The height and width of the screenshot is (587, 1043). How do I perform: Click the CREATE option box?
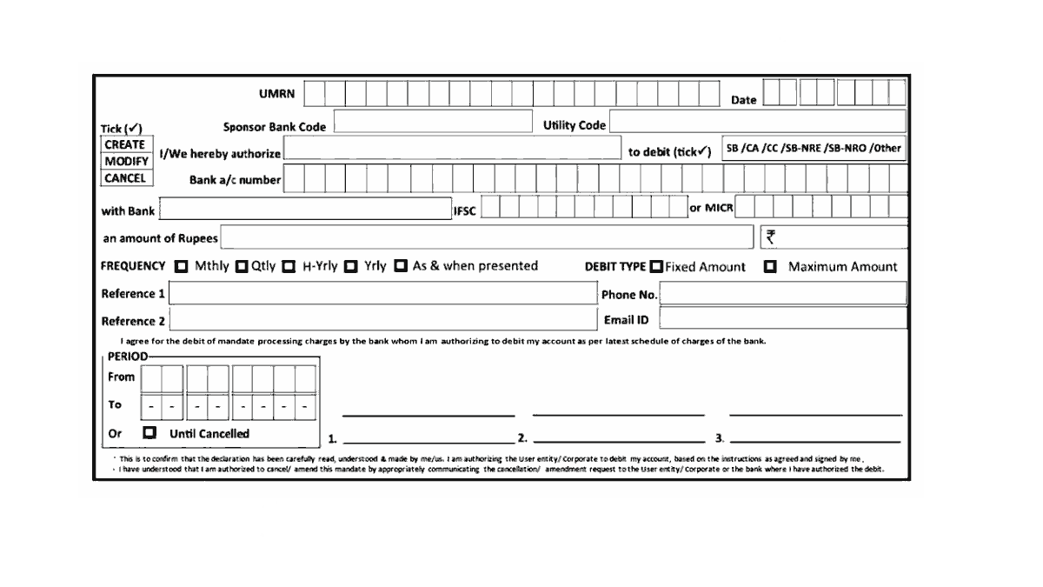point(125,145)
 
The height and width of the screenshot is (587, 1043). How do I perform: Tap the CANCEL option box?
point(125,178)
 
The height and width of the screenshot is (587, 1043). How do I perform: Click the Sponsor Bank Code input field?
point(432,122)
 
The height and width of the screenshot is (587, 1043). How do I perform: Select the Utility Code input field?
point(757,122)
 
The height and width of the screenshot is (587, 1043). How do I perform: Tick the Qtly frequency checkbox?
point(242,266)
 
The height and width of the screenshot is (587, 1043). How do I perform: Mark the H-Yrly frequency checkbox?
point(289,266)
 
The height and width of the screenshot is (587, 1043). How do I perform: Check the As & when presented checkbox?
point(401,266)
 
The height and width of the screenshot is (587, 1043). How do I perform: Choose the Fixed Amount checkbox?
point(656,266)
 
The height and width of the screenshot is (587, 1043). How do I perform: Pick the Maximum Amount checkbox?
point(770,267)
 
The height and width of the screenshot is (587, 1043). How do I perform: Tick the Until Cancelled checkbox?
point(149,432)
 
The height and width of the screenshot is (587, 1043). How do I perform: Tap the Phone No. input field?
point(783,293)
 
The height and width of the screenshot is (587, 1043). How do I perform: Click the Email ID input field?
point(783,318)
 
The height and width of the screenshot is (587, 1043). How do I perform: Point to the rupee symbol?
point(770,237)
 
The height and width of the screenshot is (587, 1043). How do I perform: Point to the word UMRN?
point(276,95)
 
